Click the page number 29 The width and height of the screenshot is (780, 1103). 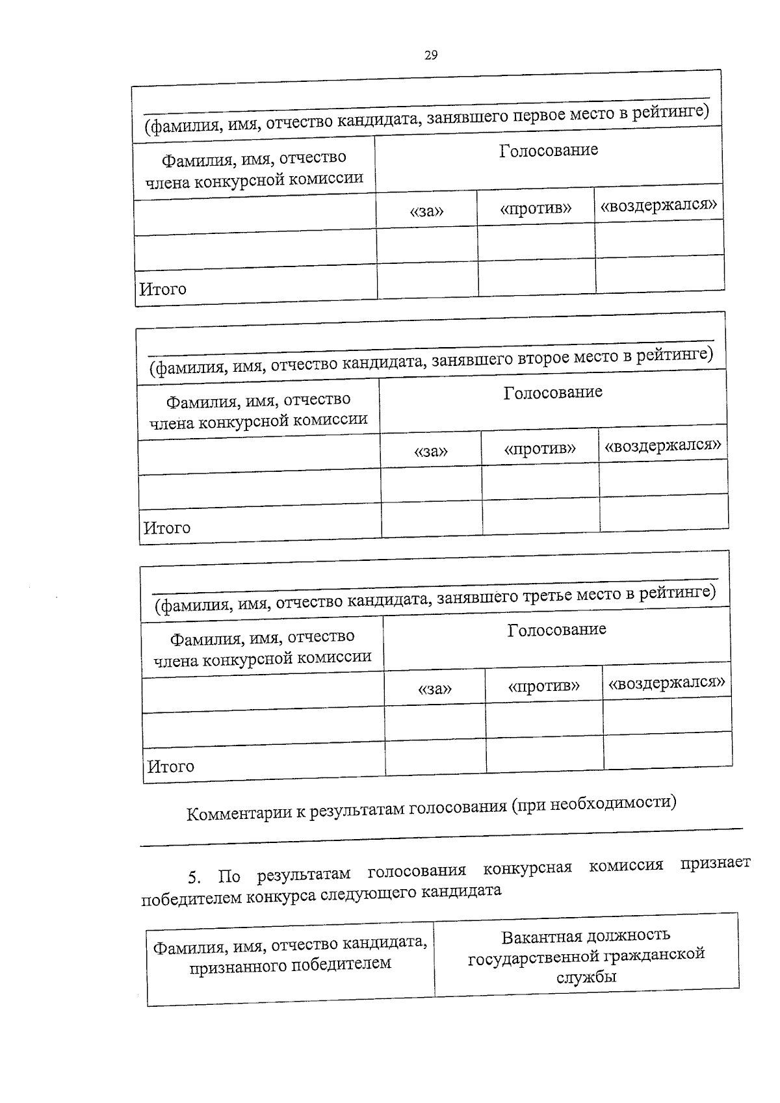[431, 55]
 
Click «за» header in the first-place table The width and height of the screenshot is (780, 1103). [427, 211]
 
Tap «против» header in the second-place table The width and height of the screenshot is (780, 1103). [539, 448]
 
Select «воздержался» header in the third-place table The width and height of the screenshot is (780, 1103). [666, 683]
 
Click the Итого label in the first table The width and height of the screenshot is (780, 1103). [163, 289]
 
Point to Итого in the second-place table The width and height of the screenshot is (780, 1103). [167, 528]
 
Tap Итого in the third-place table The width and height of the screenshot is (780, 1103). [171, 766]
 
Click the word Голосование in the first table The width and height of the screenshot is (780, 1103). [549, 151]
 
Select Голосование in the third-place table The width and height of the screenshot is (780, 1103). [556, 630]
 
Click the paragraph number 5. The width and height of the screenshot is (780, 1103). [193, 878]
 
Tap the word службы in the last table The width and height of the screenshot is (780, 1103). [586, 977]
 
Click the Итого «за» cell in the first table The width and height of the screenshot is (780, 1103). [428, 281]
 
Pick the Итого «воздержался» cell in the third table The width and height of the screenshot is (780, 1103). [668, 751]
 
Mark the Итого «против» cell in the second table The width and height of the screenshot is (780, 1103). [541, 517]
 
